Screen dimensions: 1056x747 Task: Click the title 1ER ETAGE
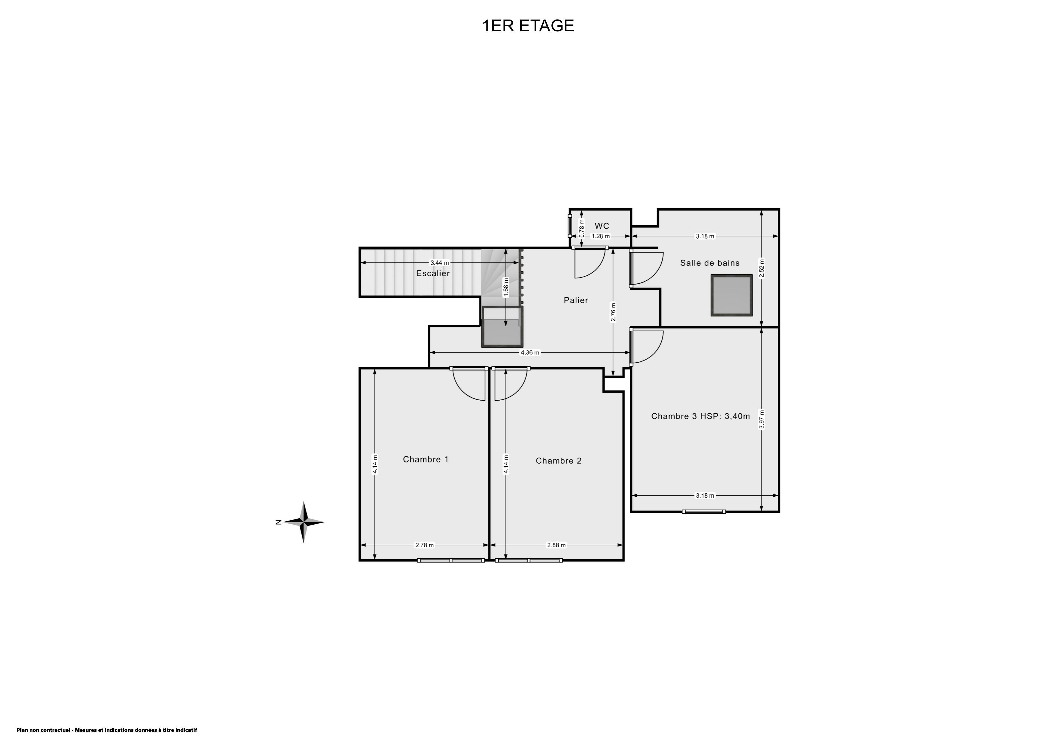click(x=528, y=26)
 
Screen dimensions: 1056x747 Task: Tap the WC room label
click(x=602, y=226)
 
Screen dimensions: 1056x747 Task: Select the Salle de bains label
click(x=710, y=263)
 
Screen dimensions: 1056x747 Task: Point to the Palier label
click(x=576, y=300)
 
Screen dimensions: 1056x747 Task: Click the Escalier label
click(x=433, y=273)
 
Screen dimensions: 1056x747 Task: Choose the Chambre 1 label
click(x=425, y=459)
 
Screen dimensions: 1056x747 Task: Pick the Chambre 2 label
click(x=558, y=461)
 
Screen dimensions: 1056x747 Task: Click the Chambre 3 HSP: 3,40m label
click(x=700, y=416)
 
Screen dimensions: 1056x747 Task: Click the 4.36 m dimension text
click(x=530, y=352)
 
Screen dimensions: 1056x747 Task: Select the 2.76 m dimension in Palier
click(x=613, y=312)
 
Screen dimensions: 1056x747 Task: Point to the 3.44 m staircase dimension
click(x=440, y=263)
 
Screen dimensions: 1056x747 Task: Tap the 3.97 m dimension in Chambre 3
click(x=762, y=419)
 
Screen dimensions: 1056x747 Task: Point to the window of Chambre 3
click(x=704, y=511)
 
